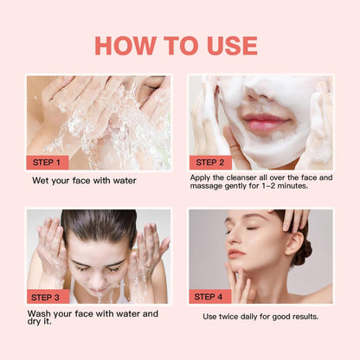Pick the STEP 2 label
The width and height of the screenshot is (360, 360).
(x=210, y=162)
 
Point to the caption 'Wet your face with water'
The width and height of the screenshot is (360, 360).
(x=84, y=181)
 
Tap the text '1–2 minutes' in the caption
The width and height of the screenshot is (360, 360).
(x=282, y=186)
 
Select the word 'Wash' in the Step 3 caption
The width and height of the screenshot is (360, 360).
(x=39, y=313)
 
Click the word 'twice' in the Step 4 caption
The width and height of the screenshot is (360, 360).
(x=234, y=317)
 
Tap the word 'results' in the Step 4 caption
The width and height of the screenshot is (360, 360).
(x=301, y=317)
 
